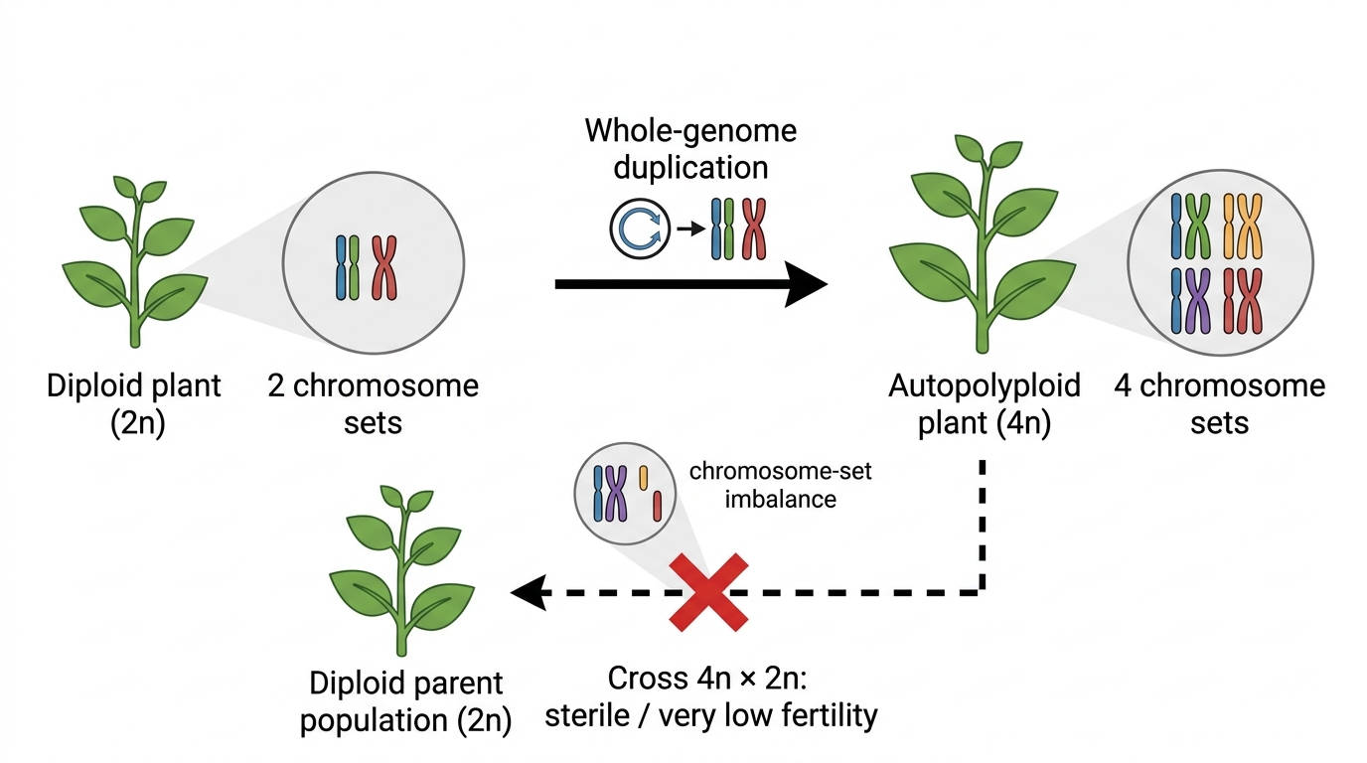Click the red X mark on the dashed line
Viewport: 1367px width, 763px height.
click(708, 592)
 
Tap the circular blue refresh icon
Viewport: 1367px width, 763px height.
click(640, 229)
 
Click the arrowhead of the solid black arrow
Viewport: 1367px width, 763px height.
click(806, 284)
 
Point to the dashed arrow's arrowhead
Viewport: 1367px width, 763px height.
click(529, 592)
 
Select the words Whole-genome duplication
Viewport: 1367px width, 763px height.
click(690, 149)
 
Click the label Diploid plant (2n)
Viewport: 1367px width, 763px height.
click(134, 404)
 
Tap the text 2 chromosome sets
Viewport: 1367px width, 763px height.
click(373, 404)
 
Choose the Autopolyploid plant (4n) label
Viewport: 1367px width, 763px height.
click(984, 404)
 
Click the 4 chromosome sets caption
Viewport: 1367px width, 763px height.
click(1219, 404)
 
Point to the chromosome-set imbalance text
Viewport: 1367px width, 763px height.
click(781, 485)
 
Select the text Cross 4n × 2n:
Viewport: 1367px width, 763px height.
click(707, 679)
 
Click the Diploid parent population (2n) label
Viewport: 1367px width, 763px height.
click(405, 701)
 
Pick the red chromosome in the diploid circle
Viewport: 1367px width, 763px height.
click(384, 268)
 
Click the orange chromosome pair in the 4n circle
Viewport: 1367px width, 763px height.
click(1243, 226)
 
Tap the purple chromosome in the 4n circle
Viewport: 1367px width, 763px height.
click(1198, 301)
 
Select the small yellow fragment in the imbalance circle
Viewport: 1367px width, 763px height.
click(643, 478)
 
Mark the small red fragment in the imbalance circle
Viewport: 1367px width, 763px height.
click(658, 506)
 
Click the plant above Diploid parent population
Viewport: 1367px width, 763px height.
click(401, 570)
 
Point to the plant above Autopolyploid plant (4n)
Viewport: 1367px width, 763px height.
click(982, 244)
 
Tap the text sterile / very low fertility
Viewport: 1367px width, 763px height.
click(711, 715)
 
